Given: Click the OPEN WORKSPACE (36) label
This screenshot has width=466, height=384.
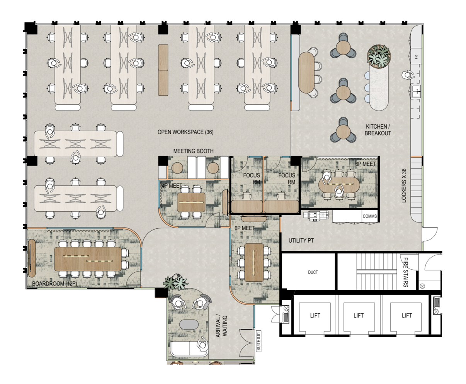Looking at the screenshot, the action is [x=185, y=132].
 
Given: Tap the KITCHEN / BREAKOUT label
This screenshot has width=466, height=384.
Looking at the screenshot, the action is [x=378, y=130].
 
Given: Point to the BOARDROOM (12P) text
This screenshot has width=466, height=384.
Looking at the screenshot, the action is [x=54, y=284].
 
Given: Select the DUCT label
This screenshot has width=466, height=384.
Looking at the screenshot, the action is [x=313, y=272].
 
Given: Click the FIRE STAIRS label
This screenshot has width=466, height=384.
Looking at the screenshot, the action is [x=406, y=272].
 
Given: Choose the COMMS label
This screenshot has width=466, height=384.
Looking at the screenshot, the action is [x=369, y=216].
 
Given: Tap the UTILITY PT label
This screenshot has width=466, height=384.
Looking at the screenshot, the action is [x=301, y=241].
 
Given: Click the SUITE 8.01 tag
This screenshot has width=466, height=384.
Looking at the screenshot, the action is [x=259, y=341].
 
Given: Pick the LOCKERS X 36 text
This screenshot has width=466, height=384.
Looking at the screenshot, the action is [x=404, y=186].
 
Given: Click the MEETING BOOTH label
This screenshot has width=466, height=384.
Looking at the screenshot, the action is [x=193, y=151].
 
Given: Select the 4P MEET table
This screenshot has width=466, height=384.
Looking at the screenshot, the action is [x=191, y=202].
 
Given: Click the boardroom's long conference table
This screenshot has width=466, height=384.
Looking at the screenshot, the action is [x=88, y=259].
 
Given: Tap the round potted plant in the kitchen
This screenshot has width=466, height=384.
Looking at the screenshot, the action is [x=379, y=56].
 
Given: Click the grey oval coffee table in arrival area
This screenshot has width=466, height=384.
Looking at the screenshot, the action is [x=189, y=325].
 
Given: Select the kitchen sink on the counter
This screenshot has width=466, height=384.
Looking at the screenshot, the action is [x=416, y=92].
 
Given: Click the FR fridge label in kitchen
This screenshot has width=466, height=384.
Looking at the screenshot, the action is [x=416, y=57].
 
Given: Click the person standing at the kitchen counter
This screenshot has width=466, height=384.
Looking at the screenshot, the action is [x=408, y=75].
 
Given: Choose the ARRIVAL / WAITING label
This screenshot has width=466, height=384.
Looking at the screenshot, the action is [x=221, y=326].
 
